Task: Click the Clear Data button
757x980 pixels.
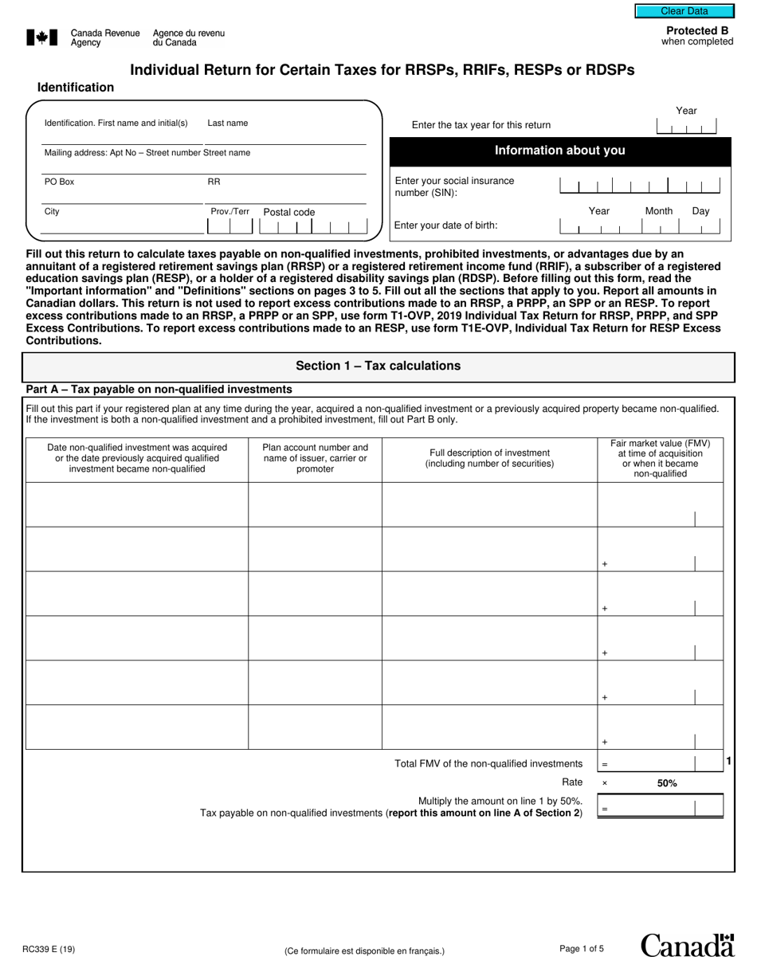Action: tap(684, 11)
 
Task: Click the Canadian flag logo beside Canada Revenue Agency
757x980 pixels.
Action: tap(42, 37)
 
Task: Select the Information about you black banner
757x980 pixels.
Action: tap(560, 151)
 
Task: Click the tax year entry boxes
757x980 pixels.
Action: tap(686, 127)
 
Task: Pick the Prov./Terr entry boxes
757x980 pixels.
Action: tap(229, 226)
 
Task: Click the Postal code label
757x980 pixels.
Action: tap(289, 213)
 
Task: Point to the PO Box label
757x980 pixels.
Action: tap(59, 182)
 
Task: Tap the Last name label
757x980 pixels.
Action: tap(228, 123)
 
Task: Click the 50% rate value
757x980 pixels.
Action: tap(667, 783)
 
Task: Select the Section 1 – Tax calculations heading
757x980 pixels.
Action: tap(378, 366)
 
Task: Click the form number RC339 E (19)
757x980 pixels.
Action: tap(50, 949)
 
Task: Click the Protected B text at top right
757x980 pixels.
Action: tap(697, 31)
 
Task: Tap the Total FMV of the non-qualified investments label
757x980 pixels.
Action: tap(488, 763)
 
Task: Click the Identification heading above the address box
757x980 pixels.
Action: tap(76, 88)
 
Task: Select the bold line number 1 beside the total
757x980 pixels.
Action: tap(729, 762)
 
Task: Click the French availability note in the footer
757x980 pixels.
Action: tap(364, 951)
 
